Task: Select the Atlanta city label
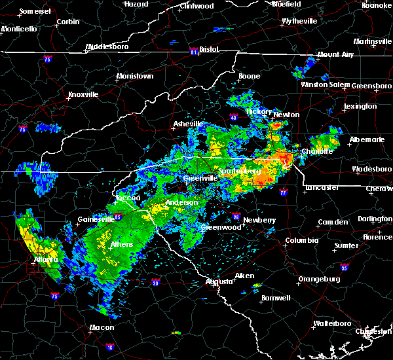point(46,259)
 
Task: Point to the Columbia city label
point(301,240)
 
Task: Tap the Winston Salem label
point(326,85)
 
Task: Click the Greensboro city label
point(372,86)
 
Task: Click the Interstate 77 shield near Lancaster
point(282,193)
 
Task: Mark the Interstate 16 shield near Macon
point(109,347)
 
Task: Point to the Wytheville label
point(300,22)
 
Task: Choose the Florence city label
point(377,236)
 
